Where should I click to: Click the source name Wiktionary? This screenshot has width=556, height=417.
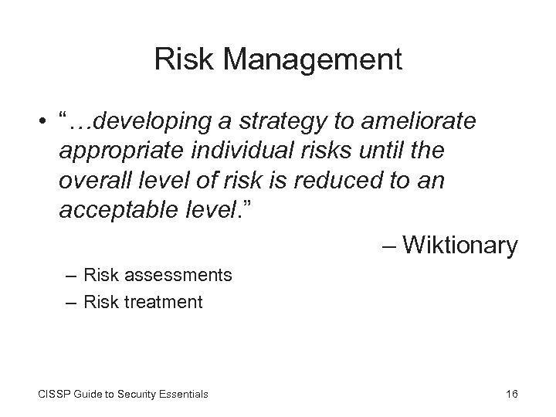click(x=460, y=246)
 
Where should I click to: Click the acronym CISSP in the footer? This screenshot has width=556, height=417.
click(x=53, y=395)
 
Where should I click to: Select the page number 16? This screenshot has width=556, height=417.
click(x=510, y=395)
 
